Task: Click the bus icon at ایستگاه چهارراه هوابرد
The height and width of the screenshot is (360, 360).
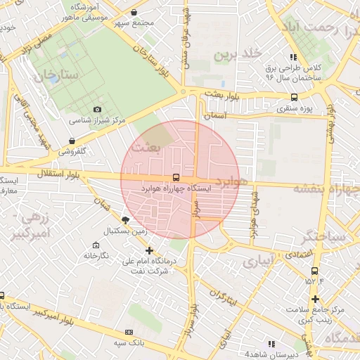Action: [175, 178]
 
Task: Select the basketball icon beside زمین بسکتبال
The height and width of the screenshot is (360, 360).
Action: [125, 219]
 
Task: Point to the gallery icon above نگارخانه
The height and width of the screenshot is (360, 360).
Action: [95, 245]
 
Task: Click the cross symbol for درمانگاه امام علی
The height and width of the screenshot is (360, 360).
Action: [148, 250]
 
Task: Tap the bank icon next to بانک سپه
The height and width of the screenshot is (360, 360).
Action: [128, 332]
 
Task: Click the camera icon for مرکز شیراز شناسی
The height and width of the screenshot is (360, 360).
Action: [97, 110]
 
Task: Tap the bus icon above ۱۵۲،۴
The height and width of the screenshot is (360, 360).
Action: [314, 270]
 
